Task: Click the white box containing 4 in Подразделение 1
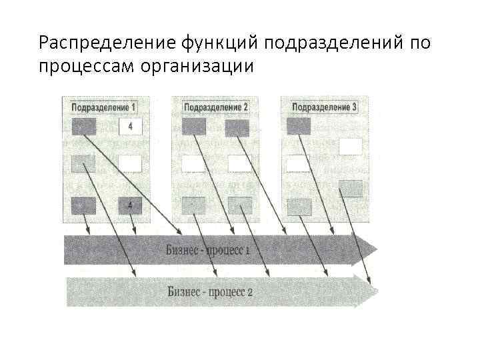point(130,127)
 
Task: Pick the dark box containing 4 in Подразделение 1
point(130,205)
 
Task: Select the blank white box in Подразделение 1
point(130,163)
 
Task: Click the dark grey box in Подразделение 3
point(299,126)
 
